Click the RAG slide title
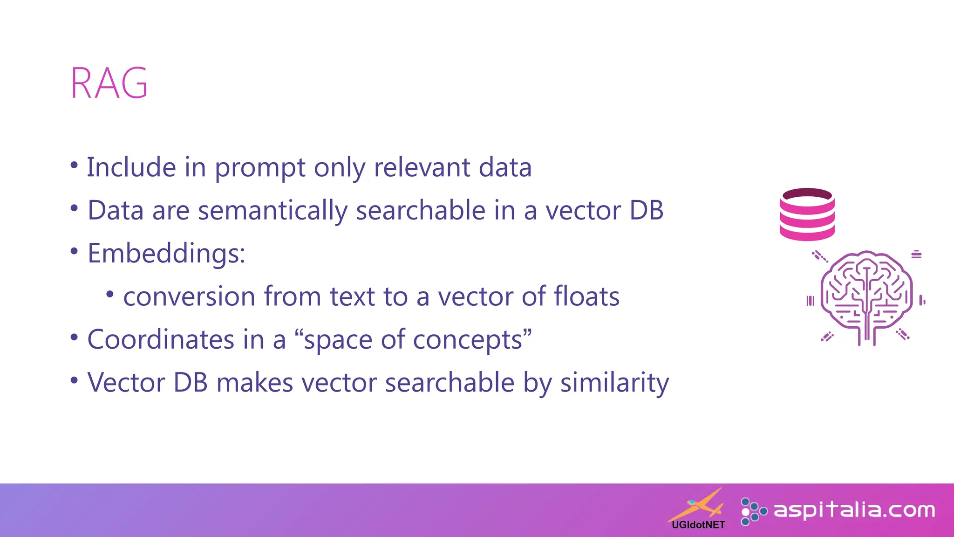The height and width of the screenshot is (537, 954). tap(109, 83)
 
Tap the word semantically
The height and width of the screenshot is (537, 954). tap(273, 211)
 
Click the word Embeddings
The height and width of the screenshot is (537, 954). tap(165, 254)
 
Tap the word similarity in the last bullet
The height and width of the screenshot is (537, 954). tap(614, 383)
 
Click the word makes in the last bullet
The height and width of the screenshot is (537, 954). tap(255, 383)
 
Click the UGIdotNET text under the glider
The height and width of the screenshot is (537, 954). tap(698, 525)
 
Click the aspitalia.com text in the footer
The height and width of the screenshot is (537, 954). tap(854, 510)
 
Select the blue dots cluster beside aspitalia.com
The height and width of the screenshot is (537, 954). tap(752, 511)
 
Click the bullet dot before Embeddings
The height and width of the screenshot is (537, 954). tap(74, 251)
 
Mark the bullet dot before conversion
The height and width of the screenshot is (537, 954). tap(110, 294)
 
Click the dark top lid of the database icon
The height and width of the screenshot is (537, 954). tap(807, 194)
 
